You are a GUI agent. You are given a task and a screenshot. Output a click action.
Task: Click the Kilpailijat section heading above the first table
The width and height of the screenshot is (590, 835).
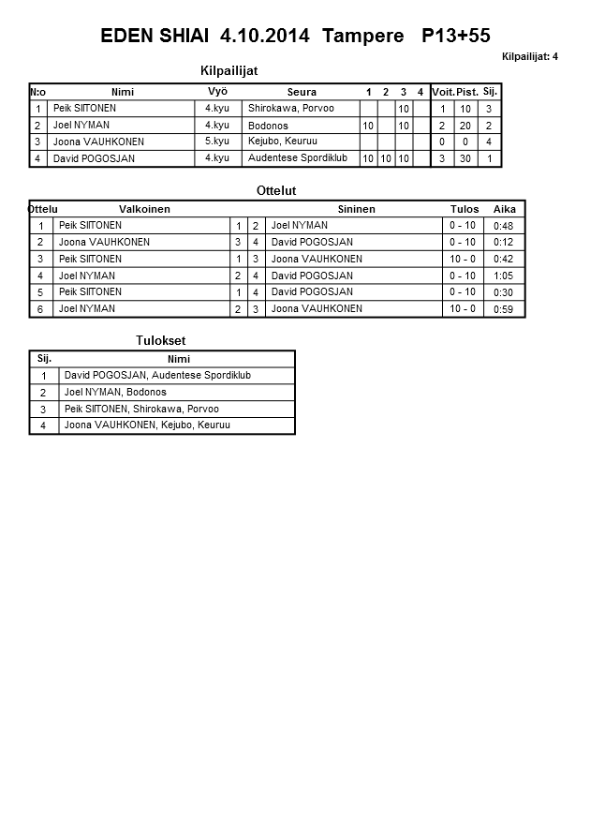point(229,71)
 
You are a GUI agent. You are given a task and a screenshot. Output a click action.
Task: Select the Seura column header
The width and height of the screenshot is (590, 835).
point(302,92)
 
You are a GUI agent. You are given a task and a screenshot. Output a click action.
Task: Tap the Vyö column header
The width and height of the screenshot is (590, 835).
point(217,91)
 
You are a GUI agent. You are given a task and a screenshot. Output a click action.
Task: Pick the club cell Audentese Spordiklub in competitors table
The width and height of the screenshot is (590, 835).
point(298,158)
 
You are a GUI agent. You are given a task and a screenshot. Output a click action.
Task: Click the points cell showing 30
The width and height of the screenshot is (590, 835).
point(466,159)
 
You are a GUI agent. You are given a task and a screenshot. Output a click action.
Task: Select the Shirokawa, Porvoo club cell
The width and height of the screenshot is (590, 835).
point(291,109)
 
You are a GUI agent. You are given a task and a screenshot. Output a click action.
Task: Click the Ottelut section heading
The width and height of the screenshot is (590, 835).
point(276,191)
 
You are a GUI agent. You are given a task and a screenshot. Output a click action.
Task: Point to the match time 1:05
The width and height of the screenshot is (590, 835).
point(503,276)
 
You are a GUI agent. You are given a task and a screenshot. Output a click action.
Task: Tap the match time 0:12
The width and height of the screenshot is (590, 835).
point(503,243)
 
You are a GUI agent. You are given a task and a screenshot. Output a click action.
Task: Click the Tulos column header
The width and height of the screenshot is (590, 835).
point(465,209)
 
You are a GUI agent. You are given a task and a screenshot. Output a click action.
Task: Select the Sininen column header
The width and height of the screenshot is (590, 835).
point(356,209)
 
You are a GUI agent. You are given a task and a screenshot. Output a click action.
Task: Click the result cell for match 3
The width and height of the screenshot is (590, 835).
point(463,259)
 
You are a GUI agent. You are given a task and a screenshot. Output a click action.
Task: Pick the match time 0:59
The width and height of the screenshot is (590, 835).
point(503,309)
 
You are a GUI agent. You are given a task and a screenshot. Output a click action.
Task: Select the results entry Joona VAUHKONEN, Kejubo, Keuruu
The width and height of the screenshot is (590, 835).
point(147,425)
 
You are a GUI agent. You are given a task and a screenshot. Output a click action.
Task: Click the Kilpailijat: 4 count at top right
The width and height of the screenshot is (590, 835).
point(530,57)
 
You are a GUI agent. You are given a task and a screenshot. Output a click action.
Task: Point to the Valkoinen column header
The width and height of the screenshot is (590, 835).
point(144,209)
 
